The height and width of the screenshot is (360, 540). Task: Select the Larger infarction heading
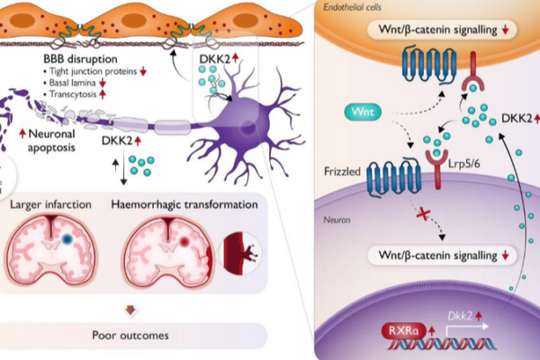point(51,204)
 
